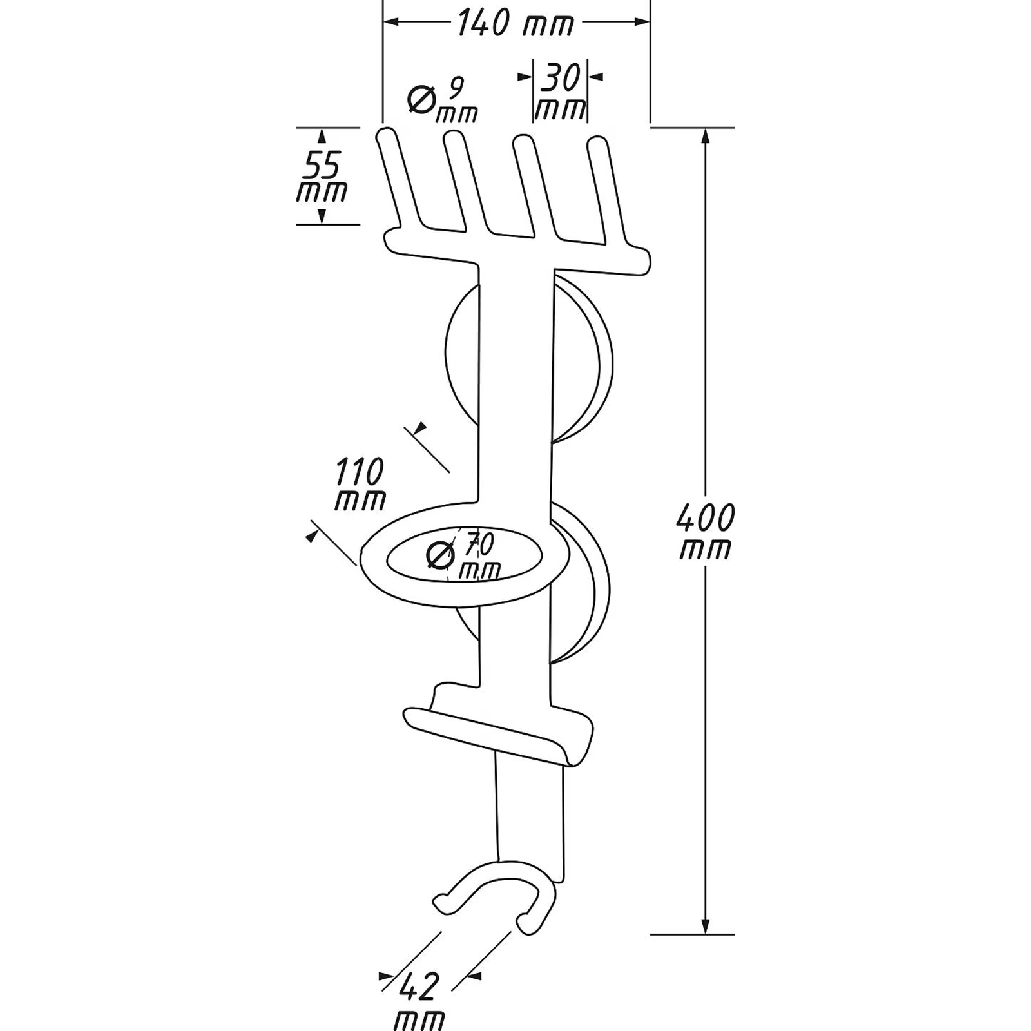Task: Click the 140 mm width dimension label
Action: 515,24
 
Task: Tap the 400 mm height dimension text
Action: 706,532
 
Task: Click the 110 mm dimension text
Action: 360,484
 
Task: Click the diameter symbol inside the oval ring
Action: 441,555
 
